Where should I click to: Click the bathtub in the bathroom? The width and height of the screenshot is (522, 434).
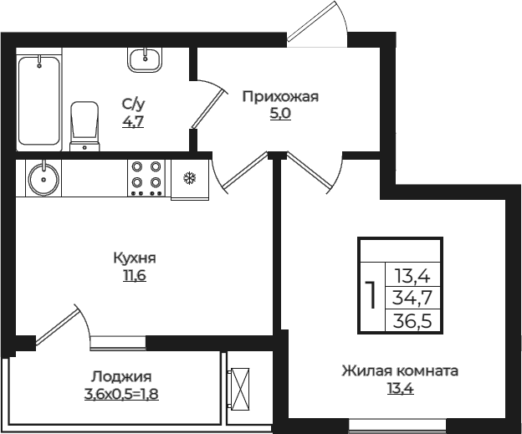pos(39,100)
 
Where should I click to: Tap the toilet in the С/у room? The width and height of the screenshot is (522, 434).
pos(84,126)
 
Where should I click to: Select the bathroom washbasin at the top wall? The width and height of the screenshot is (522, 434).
pos(146,58)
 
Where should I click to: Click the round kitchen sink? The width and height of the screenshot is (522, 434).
pos(40,177)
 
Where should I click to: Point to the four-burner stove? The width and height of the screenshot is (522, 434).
pos(146,177)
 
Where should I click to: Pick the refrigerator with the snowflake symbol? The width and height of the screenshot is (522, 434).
pos(189,180)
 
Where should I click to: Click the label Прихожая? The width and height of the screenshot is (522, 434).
pos(280,96)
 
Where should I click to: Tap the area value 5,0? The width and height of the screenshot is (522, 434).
pos(280,115)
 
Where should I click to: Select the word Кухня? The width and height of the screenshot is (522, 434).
pos(135,258)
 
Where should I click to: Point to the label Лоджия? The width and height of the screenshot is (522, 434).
pos(122,375)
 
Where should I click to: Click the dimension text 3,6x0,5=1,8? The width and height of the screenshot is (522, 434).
pos(122,393)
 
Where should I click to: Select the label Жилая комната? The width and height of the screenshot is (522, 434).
pos(399,370)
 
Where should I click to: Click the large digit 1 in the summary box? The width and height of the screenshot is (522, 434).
pos(370,296)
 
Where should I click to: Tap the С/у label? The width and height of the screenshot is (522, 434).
pos(134,104)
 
